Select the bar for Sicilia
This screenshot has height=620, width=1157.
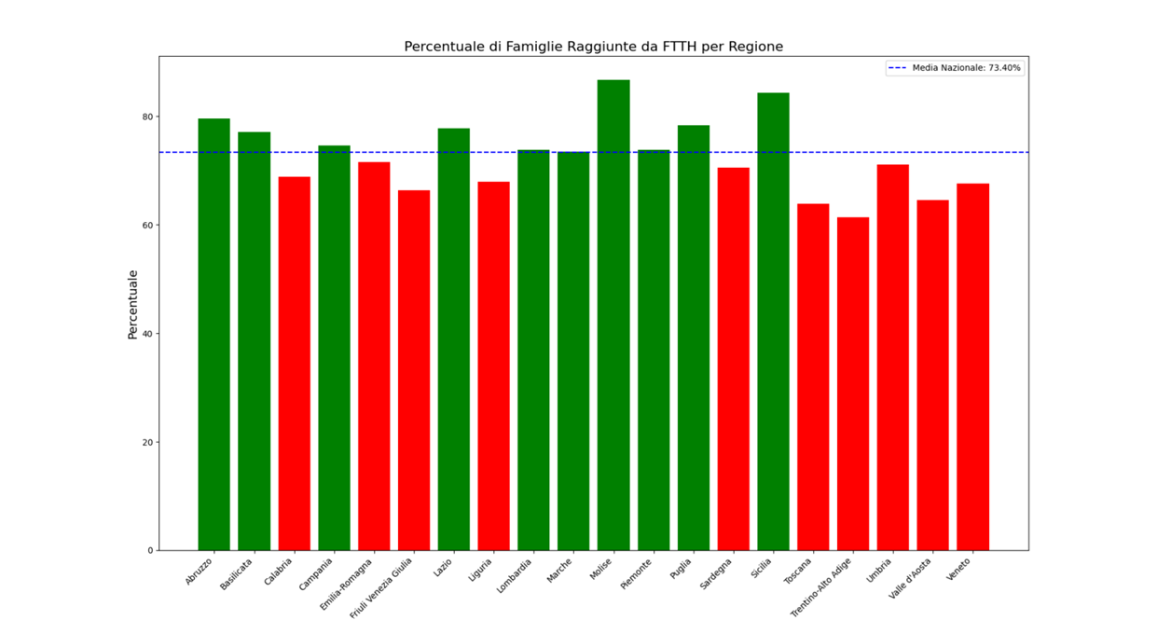(773, 322)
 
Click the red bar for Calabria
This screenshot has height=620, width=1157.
(294, 364)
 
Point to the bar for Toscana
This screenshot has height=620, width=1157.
(813, 377)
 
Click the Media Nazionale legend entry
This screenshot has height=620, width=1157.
(955, 68)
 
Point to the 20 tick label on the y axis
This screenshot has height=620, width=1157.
(147, 442)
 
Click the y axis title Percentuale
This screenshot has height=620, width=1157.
(132, 304)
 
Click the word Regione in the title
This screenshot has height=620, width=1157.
(756, 47)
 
